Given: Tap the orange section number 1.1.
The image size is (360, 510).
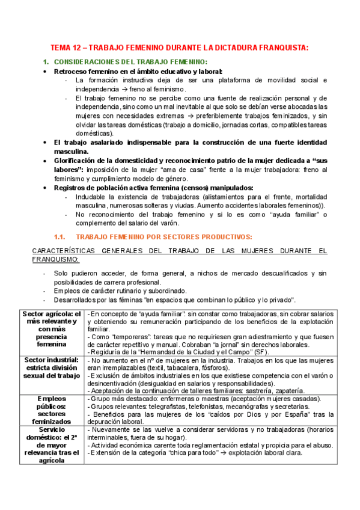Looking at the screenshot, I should click(62, 236).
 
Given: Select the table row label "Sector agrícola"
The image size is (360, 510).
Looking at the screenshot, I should click(52, 314).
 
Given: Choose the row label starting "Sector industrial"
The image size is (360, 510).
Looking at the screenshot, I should click(52, 360).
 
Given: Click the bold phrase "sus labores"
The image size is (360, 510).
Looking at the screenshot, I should click(67, 170).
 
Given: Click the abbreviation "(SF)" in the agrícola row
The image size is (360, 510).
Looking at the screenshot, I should click(261, 352).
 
